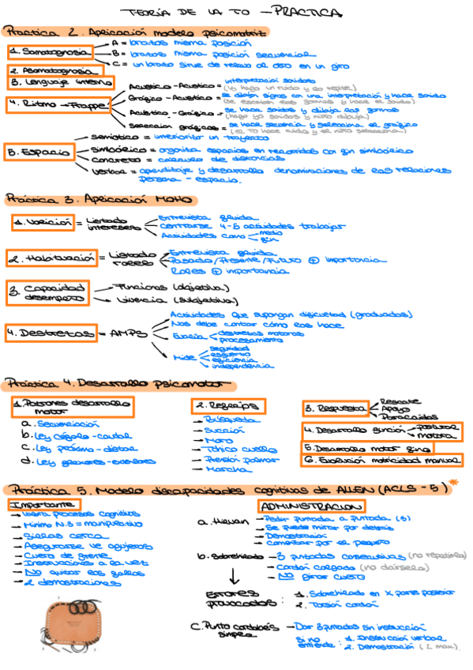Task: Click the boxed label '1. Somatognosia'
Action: click(x=51, y=51)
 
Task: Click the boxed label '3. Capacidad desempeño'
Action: click(x=47, y=292)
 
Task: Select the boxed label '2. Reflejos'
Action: click(x=228, y=405)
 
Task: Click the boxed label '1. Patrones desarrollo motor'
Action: click(x=72, y=407)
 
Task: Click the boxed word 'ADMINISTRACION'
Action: click(x=311, y=505)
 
